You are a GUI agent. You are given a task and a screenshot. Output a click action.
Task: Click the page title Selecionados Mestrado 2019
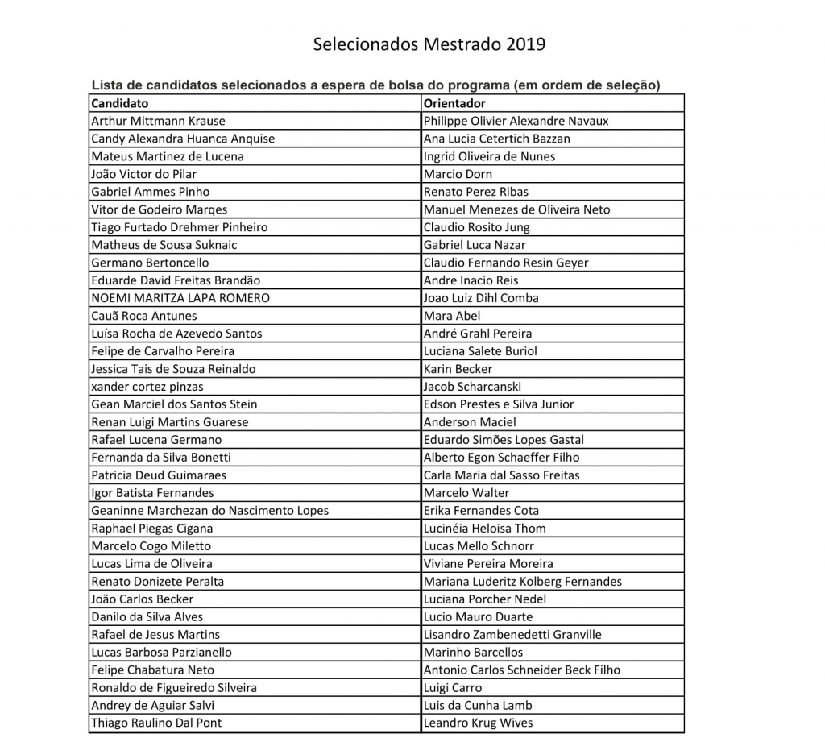429,44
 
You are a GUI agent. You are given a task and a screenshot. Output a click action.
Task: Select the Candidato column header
120,103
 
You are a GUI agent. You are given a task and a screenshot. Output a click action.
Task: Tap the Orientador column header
454,103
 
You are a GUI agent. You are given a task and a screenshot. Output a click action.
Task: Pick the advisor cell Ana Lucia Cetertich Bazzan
496,139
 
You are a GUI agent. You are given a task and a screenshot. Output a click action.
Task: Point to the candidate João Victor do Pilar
143,174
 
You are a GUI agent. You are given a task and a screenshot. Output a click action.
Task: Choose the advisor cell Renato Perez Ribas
476,192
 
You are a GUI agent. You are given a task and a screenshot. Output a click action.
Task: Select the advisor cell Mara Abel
451,316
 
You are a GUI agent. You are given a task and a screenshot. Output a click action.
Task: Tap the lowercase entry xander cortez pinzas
147,387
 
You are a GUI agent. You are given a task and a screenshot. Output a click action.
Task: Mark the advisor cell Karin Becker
458,369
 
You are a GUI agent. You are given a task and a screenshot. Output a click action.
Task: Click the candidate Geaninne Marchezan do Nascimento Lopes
209,511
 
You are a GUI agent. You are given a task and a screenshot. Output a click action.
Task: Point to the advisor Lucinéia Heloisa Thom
484,529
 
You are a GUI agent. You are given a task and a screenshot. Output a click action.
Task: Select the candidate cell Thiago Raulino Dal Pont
156,723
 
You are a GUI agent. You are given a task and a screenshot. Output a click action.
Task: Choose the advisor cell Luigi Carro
453,687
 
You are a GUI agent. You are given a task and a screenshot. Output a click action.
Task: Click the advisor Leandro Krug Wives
478,723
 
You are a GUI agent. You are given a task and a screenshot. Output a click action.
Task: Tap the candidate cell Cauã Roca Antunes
143,316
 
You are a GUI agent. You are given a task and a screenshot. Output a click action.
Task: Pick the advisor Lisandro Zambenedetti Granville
512,635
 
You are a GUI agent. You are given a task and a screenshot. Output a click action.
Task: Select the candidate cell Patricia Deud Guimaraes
159,475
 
